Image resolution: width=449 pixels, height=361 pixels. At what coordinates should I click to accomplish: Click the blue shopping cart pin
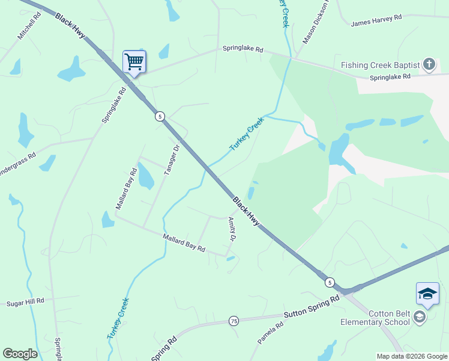(x=134, y=61)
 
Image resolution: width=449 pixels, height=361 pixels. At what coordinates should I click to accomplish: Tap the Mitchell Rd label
(x=29, y=26)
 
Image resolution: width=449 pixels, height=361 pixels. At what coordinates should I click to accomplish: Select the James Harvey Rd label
(x=376, y=20)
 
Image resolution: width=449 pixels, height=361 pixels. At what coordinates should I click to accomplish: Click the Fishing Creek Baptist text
(x=380, y=65)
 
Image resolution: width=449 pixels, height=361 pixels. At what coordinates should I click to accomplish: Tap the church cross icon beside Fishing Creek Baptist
(x=429, y=64)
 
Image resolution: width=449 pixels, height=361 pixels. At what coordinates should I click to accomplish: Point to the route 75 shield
(x=234, y=321)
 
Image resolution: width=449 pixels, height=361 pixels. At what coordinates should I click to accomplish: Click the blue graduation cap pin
(x=427, y=294)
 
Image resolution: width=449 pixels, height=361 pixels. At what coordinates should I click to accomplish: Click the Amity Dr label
(x=231, y=230)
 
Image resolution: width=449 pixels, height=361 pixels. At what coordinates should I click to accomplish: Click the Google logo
(x=20, y=354)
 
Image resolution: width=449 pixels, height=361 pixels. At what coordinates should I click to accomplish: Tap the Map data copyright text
(x=412, y=356)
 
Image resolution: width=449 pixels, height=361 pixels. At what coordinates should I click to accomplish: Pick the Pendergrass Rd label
(x=18, y=164)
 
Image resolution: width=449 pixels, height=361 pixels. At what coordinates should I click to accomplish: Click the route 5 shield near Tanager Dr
(x=159, y=116)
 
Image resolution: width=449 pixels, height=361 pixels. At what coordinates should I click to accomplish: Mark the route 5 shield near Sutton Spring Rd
(x=330, y=282)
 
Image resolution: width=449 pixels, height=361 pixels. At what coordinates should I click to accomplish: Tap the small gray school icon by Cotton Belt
(x=420, y=317)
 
